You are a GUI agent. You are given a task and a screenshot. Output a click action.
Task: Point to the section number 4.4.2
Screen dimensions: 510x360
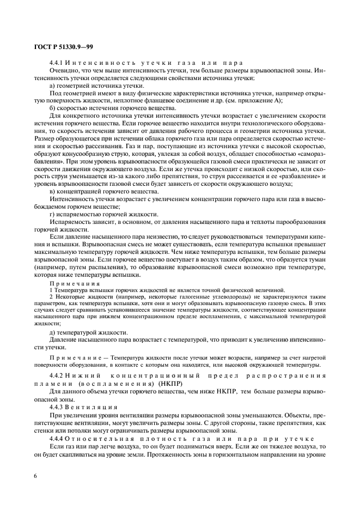pos(58,376)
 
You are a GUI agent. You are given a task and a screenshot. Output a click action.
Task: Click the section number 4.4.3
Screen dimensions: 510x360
pos(58,406)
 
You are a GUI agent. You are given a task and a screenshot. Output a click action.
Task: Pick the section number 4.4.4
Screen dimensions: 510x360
pos(58,438)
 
